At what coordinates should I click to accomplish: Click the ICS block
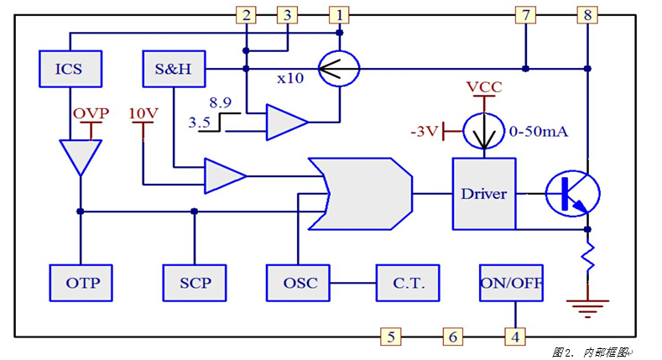click(x=69, y=68)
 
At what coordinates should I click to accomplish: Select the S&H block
click(x=174, y=68)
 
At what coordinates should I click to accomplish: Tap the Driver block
click(x=483, y=193)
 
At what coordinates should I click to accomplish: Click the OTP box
click(x=81, y=282)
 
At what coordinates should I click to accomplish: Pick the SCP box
click(x=195, y=282)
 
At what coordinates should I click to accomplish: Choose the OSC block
click(x=299, y=282)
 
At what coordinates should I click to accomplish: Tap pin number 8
click(x=586, y=14)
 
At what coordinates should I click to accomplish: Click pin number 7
click(x=525, y=14)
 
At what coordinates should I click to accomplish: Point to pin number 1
click(x=339, y=14)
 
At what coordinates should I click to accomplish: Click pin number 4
click(x=513, y=337)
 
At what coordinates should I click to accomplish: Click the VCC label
click(x=484, y=87)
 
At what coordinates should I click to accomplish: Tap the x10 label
click(x=290, y=77)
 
